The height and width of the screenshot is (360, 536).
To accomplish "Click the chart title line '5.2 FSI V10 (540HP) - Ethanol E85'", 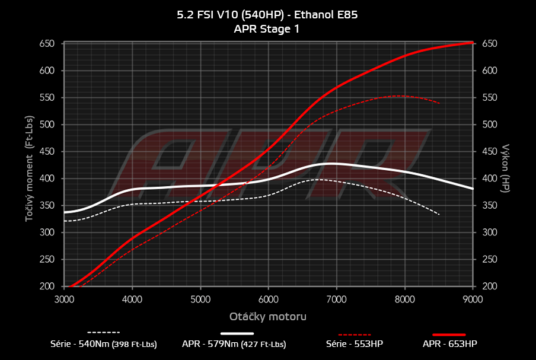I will coord(267,15).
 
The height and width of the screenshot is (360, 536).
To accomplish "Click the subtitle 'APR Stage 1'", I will coord(267,28).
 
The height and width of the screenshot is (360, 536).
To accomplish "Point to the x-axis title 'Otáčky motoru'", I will coord(268,317).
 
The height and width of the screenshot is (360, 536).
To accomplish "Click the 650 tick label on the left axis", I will coord(47,44).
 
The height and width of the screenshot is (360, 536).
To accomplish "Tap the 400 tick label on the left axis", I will coord(47,179).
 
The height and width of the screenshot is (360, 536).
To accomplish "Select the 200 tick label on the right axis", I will coord(489,286).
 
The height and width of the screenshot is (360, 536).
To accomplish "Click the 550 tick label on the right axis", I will coord(489,98).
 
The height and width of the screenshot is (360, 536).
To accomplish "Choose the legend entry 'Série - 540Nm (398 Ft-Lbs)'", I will coord(104,343).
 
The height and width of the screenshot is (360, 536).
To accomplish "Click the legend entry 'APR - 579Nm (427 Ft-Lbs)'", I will coord(234,343).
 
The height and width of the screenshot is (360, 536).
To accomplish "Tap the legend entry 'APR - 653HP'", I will coord(449,343).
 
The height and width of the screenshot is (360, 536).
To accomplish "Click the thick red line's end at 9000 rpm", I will coord(473,42).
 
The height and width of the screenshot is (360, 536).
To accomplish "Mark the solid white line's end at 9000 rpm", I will coord(473,189).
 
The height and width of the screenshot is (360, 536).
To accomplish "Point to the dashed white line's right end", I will coord(439,214).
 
